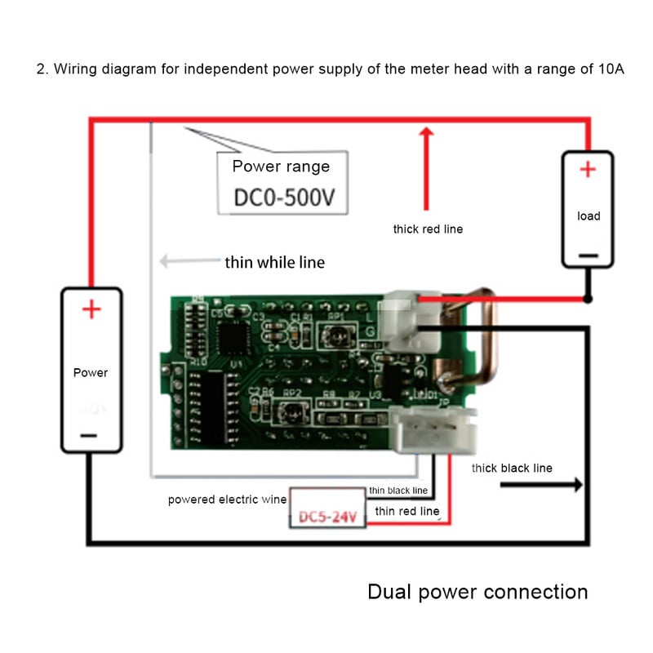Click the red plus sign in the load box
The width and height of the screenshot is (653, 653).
tap(588, 170)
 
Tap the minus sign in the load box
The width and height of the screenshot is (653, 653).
tap(588, 255)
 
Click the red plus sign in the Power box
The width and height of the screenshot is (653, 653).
tap(91, 310)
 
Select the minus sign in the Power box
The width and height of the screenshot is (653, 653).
tap(91, 435)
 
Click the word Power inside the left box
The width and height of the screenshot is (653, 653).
tap(91, 373)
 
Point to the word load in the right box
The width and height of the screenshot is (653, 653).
tap(588, 216)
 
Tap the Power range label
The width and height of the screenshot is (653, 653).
tap(281, 167)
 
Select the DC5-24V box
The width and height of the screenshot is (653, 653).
tap(329, 517)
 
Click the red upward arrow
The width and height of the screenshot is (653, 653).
tap(424, 167)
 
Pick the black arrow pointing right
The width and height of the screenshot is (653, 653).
tap(540, 485)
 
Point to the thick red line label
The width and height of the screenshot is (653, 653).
tap(428, 229)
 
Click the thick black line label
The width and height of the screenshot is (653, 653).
tap(512, 468)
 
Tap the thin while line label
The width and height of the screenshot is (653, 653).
tap(274, 263)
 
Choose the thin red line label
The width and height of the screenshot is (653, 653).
tap(406, 511)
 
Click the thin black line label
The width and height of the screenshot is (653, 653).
tap(398, 491)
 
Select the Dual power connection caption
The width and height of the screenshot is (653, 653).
tap(478, 592)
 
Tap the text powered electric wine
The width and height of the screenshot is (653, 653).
tap(228, 500)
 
